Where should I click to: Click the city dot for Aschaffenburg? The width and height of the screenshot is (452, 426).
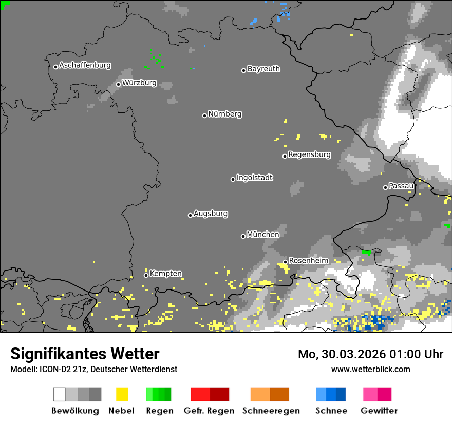coord(55,67)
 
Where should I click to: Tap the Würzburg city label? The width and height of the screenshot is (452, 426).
coord(139,83)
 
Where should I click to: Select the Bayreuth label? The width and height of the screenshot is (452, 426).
coord(263,69)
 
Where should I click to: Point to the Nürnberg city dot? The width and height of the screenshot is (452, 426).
coord(204,115)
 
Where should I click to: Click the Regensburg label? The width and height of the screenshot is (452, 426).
coord(309,154)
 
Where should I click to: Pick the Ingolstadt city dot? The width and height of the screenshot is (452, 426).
coord(233,179)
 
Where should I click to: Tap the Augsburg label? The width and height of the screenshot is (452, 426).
coord(211,214)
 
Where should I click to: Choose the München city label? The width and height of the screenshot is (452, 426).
coord(263,235)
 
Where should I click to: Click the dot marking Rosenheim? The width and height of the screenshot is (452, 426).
coord(285,262)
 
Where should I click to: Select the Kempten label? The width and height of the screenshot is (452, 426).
coord(165,274)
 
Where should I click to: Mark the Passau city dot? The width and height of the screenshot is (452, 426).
coord(385,187)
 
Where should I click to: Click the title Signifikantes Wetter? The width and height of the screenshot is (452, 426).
coord(85,354)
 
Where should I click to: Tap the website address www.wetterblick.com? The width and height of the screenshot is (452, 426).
coord(370,369)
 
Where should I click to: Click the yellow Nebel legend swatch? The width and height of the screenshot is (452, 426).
coord(122,394)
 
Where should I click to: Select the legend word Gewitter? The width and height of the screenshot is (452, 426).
coord(379,411)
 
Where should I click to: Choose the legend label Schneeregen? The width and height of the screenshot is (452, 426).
coord(270,411)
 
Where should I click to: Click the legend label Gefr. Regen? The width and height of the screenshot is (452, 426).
coord(209,411)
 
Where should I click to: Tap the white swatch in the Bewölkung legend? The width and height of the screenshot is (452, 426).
coord(60,394)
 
